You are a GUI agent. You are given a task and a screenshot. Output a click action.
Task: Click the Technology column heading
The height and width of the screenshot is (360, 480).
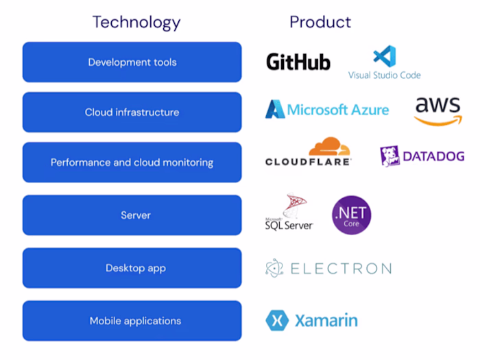pyautogui.click(x=136, y=22)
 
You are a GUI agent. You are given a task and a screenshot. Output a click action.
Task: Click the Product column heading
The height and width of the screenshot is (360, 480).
pyautogui.click(x=320, y=22)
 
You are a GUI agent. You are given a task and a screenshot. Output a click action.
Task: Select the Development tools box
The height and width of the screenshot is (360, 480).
pyautogui.click(x=132, y=62)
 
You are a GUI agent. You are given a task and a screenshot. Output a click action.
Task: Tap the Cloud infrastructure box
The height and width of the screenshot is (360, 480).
pyautogui.click(x=132, y=112)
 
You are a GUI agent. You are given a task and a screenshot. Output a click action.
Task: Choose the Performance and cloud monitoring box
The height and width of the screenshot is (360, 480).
pyautogui.click(x=132, y=163)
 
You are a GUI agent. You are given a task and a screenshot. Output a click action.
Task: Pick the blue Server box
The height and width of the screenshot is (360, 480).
pyautogui.click(x=132, y=215)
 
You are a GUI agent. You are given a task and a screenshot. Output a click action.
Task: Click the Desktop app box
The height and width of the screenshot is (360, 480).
pyautogui.click(x=132, y=268)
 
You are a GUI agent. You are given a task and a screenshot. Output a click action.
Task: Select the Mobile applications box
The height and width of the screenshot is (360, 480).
pyautogui.click(x=132, y=321)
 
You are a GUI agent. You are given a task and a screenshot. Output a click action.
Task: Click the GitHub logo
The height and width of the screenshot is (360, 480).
pyautogui.click(x=298, y=62)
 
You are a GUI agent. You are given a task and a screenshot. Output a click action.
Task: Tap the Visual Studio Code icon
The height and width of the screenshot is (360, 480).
pyautogui.click(x=385, y=56)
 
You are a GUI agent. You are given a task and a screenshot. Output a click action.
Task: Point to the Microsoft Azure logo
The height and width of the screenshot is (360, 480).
pyautogui.click(x=327, y=110)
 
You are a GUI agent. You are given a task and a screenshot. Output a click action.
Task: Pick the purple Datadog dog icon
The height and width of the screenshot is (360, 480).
pyautogui.click(x=389, y=156)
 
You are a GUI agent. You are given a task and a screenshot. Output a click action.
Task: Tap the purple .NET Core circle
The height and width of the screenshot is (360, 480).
pyautogui.click(x=351, y=215)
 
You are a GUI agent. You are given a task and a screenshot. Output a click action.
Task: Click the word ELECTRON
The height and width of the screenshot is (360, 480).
pyautogui.click(x=341, y=269)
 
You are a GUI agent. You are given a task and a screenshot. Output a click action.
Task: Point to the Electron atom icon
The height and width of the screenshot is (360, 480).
pyautogui.click(x=274, y=268)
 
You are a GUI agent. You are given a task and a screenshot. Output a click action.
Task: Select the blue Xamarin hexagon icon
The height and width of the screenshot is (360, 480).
pyautogui.click(x=276, y=320)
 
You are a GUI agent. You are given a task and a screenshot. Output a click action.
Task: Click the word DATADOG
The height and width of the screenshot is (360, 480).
pyautogui.click(x=433, y=156)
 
